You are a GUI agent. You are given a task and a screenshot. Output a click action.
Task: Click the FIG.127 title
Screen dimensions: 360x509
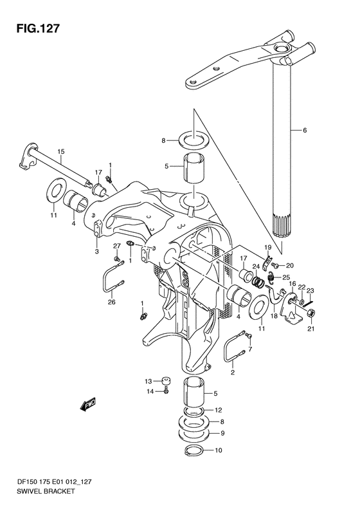coord(39,28)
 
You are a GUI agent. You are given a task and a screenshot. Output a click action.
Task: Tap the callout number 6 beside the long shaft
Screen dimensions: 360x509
coord(305,131)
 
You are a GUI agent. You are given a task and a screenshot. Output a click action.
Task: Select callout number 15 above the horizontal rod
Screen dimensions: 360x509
coord(61,151)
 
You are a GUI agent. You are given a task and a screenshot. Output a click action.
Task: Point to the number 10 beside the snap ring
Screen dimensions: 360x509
coord(219,450)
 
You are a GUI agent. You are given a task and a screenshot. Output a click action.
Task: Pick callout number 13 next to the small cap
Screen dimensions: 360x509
coord(148,381)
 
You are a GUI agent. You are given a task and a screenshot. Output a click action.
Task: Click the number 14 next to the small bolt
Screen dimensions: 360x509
coord(150,391)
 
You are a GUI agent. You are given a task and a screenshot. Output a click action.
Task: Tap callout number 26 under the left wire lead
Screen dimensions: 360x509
coord(112,302)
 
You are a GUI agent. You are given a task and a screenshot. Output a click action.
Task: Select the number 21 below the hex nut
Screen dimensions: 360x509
coord(311,329)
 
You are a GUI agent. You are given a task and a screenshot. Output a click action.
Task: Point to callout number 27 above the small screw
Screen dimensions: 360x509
coord(117,246)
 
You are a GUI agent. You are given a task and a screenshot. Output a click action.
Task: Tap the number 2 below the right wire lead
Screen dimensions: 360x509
coord(233,373)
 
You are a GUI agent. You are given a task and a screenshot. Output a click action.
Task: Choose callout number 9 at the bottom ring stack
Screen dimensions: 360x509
coord(222,433)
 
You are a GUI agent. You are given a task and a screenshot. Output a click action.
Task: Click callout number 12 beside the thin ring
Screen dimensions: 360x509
coord(219,411)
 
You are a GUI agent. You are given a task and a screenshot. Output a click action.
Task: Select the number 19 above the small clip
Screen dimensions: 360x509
coord(267,247)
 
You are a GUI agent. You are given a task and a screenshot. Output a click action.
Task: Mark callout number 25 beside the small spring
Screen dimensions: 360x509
coord(285,277)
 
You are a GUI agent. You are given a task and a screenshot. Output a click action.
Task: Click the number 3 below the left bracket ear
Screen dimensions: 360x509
coord(97,251)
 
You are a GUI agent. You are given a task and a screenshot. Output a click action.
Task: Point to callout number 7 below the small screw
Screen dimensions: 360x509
coord(250,349)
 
